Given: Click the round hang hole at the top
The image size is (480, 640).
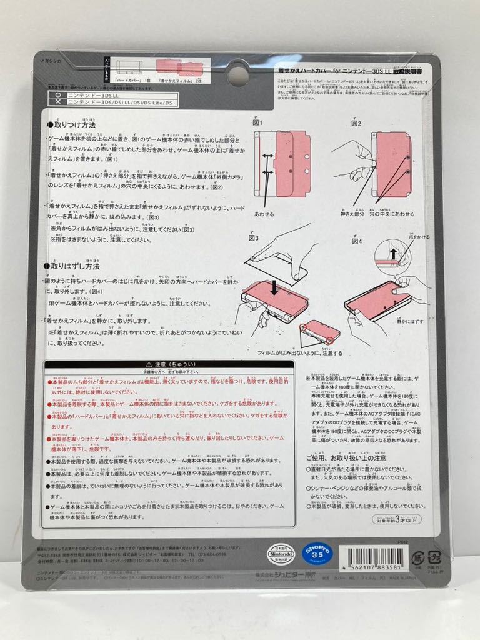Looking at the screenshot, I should tap(237, 76).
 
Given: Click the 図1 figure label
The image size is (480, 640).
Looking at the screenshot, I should tap(258, 122).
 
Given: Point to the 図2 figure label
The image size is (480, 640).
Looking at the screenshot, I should tap(356, 122).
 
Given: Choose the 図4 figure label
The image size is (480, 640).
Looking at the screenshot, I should tap(356, 241).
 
